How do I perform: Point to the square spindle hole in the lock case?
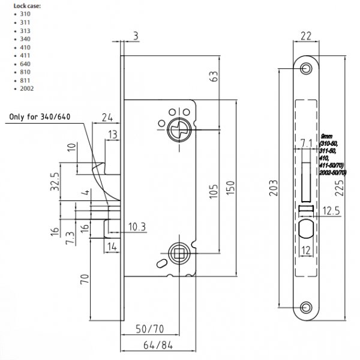coord(178,252)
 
